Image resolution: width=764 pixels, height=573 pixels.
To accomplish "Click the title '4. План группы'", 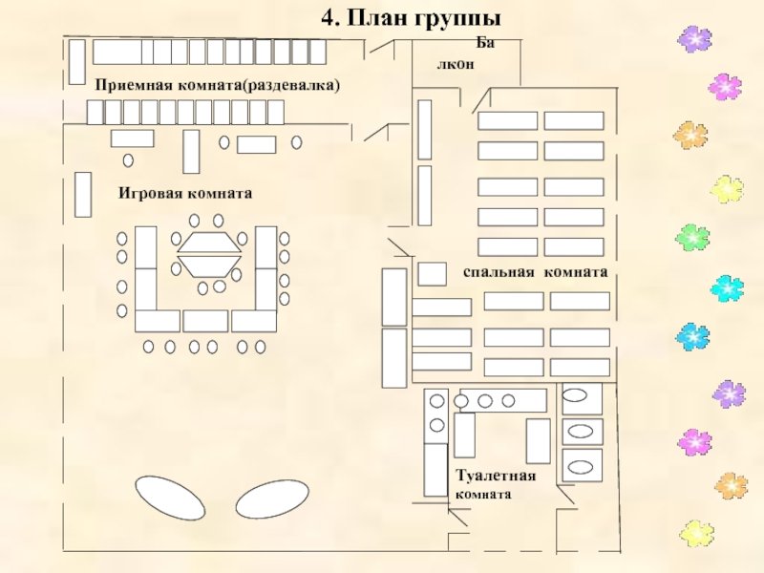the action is coord(411,18).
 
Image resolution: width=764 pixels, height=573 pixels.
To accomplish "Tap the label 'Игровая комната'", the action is coord(185,194).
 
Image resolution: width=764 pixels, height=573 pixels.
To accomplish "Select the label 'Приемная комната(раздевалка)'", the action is coord(218,85).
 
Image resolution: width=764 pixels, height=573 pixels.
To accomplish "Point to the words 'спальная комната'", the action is coord(536,272).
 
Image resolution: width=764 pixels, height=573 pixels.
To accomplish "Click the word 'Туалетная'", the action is coord(496,475).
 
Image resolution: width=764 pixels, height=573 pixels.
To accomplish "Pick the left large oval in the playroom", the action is coord(170,499).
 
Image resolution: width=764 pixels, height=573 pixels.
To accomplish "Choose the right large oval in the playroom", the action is coord(272,499).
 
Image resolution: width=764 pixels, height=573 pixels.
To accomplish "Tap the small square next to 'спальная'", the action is coord(433,274).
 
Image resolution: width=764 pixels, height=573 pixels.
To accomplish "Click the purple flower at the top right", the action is coord(694,39).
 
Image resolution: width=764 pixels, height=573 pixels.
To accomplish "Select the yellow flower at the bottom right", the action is coord(697,533).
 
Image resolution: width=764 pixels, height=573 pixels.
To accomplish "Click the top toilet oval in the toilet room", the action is coord(575,395).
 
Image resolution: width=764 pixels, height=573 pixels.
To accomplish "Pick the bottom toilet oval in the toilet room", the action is coord(581,467).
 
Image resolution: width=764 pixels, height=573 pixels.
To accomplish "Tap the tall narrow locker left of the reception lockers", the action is coord(77,62).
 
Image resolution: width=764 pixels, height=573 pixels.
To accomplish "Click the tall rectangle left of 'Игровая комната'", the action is coord(83,195).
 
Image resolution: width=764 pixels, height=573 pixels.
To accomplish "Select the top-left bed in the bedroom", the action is coord(508,120).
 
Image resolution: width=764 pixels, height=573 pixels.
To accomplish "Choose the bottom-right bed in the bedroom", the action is coord(581,368).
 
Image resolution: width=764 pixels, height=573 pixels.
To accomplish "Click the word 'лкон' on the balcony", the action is coord(456,64).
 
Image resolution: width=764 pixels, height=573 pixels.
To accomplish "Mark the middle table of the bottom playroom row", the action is coord(205,321).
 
